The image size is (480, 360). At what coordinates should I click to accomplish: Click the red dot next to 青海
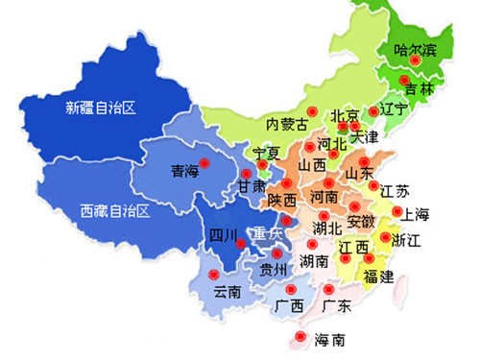click(x=203, y=160)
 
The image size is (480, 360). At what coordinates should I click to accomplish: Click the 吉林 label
click(x=420, y=88)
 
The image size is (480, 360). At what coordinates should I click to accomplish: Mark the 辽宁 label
click(x=395, y=108)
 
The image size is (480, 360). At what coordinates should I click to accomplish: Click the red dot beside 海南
click(x=300, y=337)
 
